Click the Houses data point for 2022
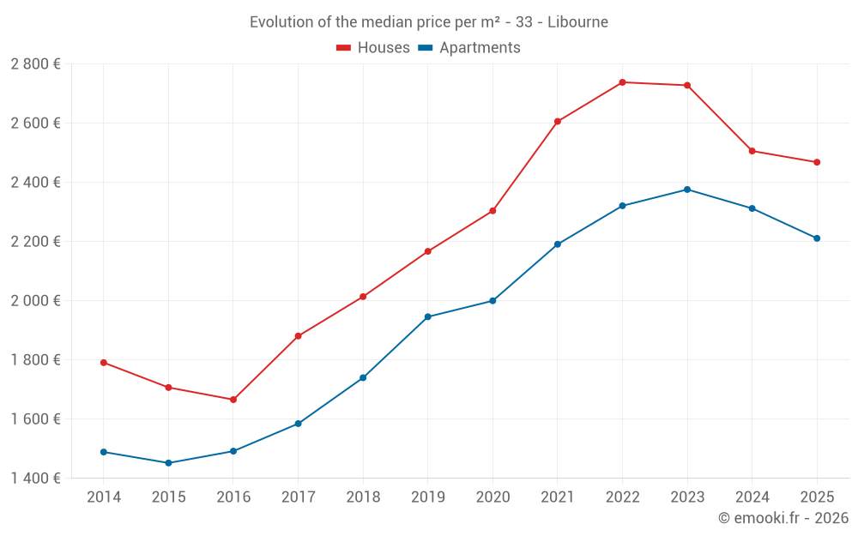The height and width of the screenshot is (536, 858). [x=622, y=82]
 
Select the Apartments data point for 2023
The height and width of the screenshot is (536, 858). [x=687, y=190]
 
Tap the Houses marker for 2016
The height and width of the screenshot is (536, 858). [x=233, y=400]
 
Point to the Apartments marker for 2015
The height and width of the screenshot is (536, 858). [x=168, y=463]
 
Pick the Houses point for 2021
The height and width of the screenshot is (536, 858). [x=558, y=122]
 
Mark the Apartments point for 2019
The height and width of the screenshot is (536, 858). [x=428, y=317]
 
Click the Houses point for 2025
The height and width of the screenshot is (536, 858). [x=817, y=162]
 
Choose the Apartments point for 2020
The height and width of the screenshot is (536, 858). [x=492, y=301]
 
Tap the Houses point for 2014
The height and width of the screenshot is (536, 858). [x=104, y=363]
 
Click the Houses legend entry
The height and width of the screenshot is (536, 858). [x=373, y=48]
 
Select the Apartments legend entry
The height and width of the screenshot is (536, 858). [x=469, y=48]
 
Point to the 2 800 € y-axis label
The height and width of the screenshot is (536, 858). [x=36, y=64]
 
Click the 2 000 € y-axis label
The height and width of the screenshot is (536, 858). [x=36, y=301]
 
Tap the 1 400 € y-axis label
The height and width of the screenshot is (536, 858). [x=36, y=479]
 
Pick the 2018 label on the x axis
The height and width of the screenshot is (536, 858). [x=363, y=497]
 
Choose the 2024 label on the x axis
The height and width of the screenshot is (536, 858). [x=752, y=497]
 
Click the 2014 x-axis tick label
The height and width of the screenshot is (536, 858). [x=104, y=497]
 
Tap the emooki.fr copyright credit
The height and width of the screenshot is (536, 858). [x=782, y=518]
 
